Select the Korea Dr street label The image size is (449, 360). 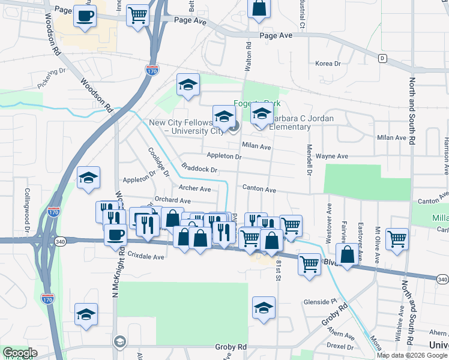pos(328,64)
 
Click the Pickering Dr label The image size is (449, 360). pos(51,78)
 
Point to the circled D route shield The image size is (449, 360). pos(382,58)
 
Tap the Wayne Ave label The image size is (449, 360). pos(332,156)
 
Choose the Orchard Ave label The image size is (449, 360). pos(172,200)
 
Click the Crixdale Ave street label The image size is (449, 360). pos(146,257)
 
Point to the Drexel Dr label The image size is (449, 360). pos(339,346)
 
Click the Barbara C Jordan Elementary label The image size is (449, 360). pos(281,122)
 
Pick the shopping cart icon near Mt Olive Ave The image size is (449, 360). pos(397,238)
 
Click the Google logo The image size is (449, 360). pos(20,353)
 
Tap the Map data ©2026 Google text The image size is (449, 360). pos(412,355)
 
